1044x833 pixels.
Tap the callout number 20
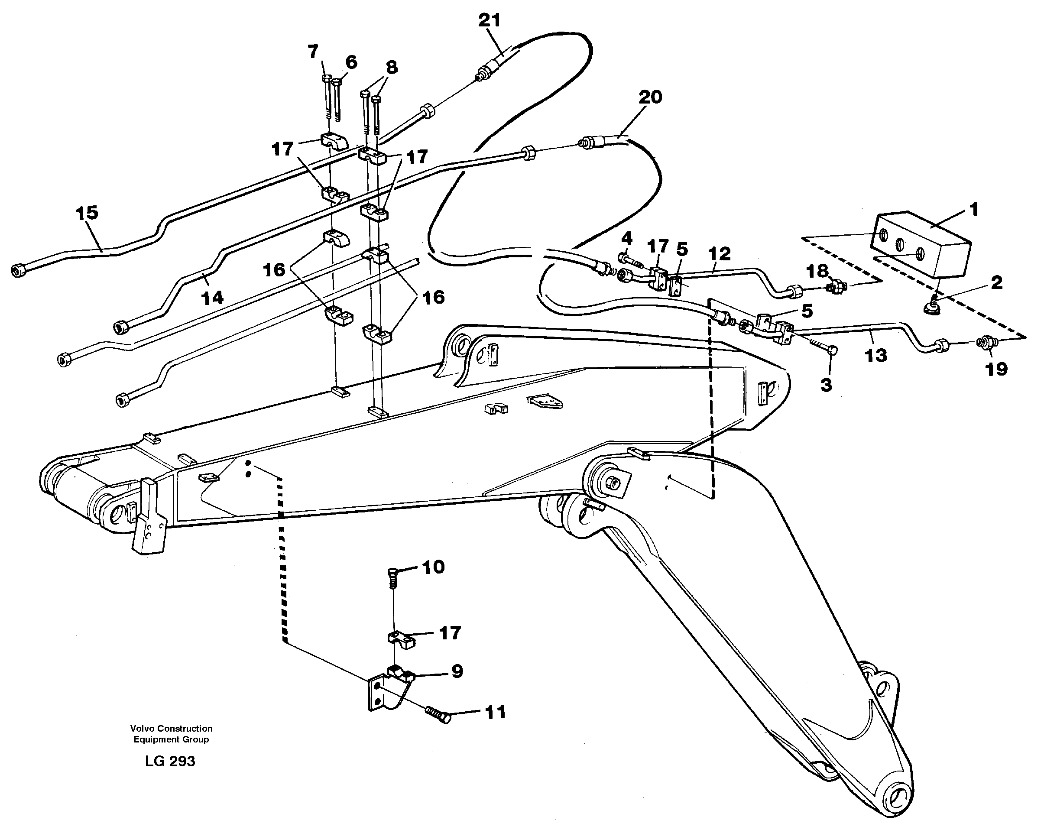650,97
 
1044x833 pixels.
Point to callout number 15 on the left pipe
87,213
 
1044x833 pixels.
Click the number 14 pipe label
212,297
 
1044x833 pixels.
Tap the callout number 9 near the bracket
457,671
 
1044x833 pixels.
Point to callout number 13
875,356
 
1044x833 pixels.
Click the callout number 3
826,385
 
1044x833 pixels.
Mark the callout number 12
719,253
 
